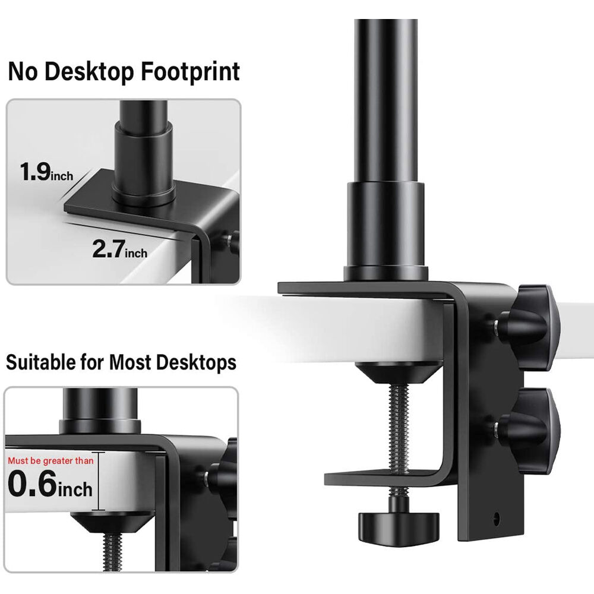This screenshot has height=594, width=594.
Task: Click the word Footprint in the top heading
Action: click(x=191, y=72)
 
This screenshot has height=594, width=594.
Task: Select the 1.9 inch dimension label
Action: click(x=46, y=172)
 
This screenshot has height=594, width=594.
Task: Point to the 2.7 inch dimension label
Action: click(x=120, y=249)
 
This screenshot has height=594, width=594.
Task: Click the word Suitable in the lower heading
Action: click(x=41, y=362)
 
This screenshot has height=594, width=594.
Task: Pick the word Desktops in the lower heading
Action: click(x=196, y=362)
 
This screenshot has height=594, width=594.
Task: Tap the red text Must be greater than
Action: click(x=50, y=461)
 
